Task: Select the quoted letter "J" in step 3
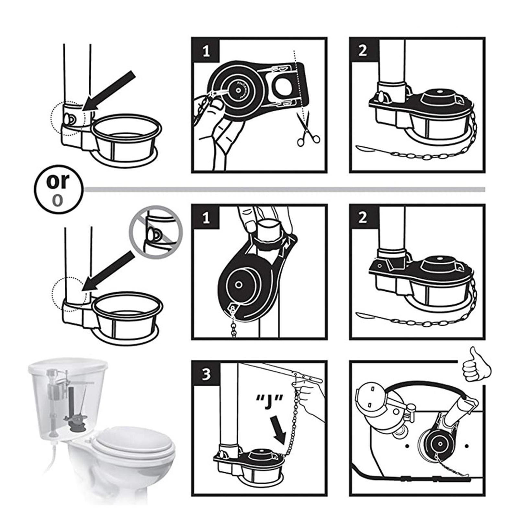[x=267, y=403]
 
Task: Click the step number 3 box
[x=206, y=374]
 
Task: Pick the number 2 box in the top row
[x=364, y=51]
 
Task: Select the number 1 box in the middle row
[x=206, y=219]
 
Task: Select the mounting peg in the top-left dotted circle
[x=69, y=119]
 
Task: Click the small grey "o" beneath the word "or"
[x=57, y=200]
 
